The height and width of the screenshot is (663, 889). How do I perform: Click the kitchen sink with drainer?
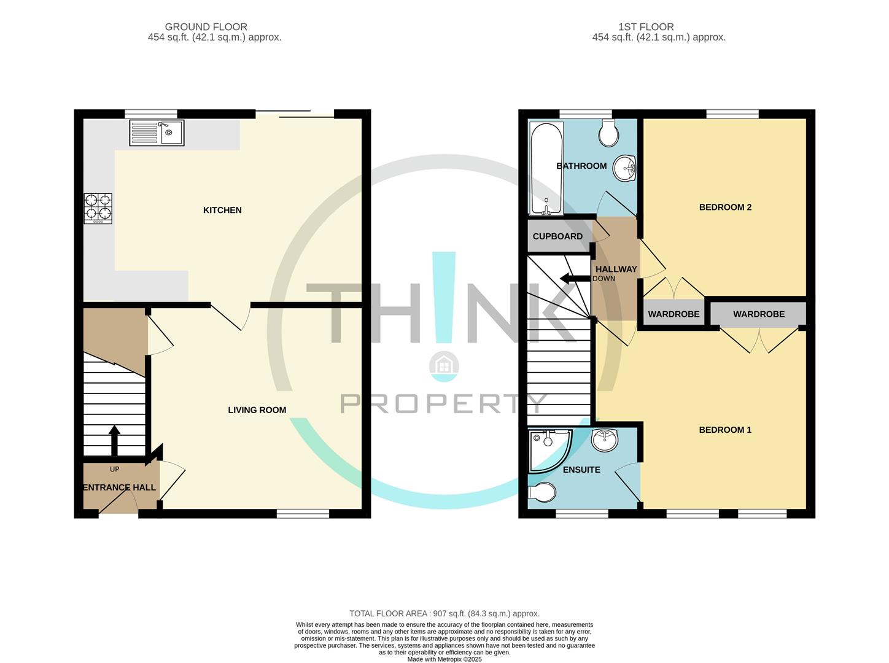click(157, 133)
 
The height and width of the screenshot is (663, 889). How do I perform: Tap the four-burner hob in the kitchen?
click(98, 208)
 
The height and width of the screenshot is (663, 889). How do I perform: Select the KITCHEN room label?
click(222, 210)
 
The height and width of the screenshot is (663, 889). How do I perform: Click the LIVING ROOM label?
click(257, 410)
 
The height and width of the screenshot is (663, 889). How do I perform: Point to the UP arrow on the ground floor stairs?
click(115, 441)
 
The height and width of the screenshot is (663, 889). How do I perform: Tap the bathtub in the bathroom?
click(546, 168)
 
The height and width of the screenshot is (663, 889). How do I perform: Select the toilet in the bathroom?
click(609, 133)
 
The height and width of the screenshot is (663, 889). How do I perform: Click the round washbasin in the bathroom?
click(624, 168)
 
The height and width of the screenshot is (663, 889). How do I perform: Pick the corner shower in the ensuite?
click(549, 451)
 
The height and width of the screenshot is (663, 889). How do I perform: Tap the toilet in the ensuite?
click(542, 493)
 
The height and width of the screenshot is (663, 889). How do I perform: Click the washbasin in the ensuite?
click(605, 440)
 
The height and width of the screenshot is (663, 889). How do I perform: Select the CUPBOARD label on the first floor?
click(557, 236)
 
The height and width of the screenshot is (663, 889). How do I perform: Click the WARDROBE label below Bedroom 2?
click(674, 314)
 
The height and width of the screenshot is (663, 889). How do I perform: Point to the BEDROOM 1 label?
click(725, 430)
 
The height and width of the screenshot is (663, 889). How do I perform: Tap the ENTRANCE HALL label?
click(120, 487)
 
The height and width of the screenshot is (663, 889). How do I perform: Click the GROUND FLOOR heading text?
click(206, 27)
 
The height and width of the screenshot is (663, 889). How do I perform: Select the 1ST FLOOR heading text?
click(646, 27)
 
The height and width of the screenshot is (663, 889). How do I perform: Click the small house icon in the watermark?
click(444, 366)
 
